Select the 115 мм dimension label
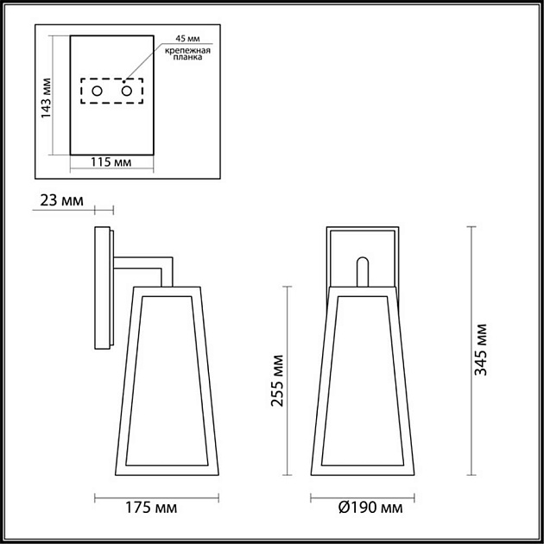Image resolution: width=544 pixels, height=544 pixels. point(111,162)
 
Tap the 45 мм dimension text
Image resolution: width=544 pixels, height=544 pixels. point(187,39)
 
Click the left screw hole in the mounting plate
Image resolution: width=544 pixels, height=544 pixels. point(98,91)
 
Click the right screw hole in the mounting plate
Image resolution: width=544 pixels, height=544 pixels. point(127,91)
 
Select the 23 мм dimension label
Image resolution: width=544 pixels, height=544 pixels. point(61,201)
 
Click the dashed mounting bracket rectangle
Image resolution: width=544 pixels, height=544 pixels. point(112,92)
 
